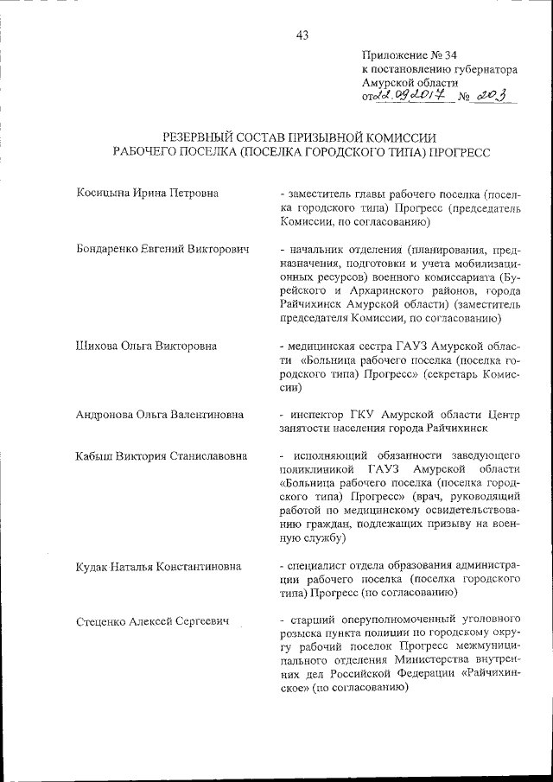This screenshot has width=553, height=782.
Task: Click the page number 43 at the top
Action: (302, 35)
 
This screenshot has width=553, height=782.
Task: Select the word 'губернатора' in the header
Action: (485, 69)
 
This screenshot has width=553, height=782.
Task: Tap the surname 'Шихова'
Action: (96, 346)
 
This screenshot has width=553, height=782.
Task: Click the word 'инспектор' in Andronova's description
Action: (314, 415)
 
